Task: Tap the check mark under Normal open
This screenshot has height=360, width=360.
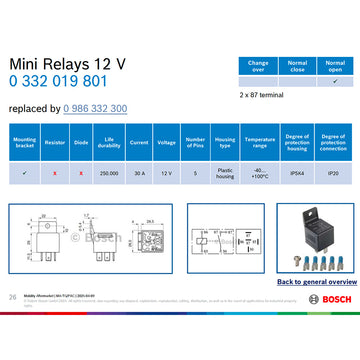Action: pyautogui.click(x=333, y=81)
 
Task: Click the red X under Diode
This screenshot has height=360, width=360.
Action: pyautogui.click(x=81, y=172)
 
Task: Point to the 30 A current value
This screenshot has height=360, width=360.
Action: pyautogui.click(x=139, y=172)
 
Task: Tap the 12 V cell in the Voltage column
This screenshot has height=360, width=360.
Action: pyautogui.click(x=167, y=172)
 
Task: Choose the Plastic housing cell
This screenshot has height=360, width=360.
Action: pyautogui.click(x=225, y=173)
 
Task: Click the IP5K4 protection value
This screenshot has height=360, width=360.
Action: pyautogui.click(x=297, y=172)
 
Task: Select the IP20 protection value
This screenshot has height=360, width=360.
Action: pyautogui.click(x=333, y=172)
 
